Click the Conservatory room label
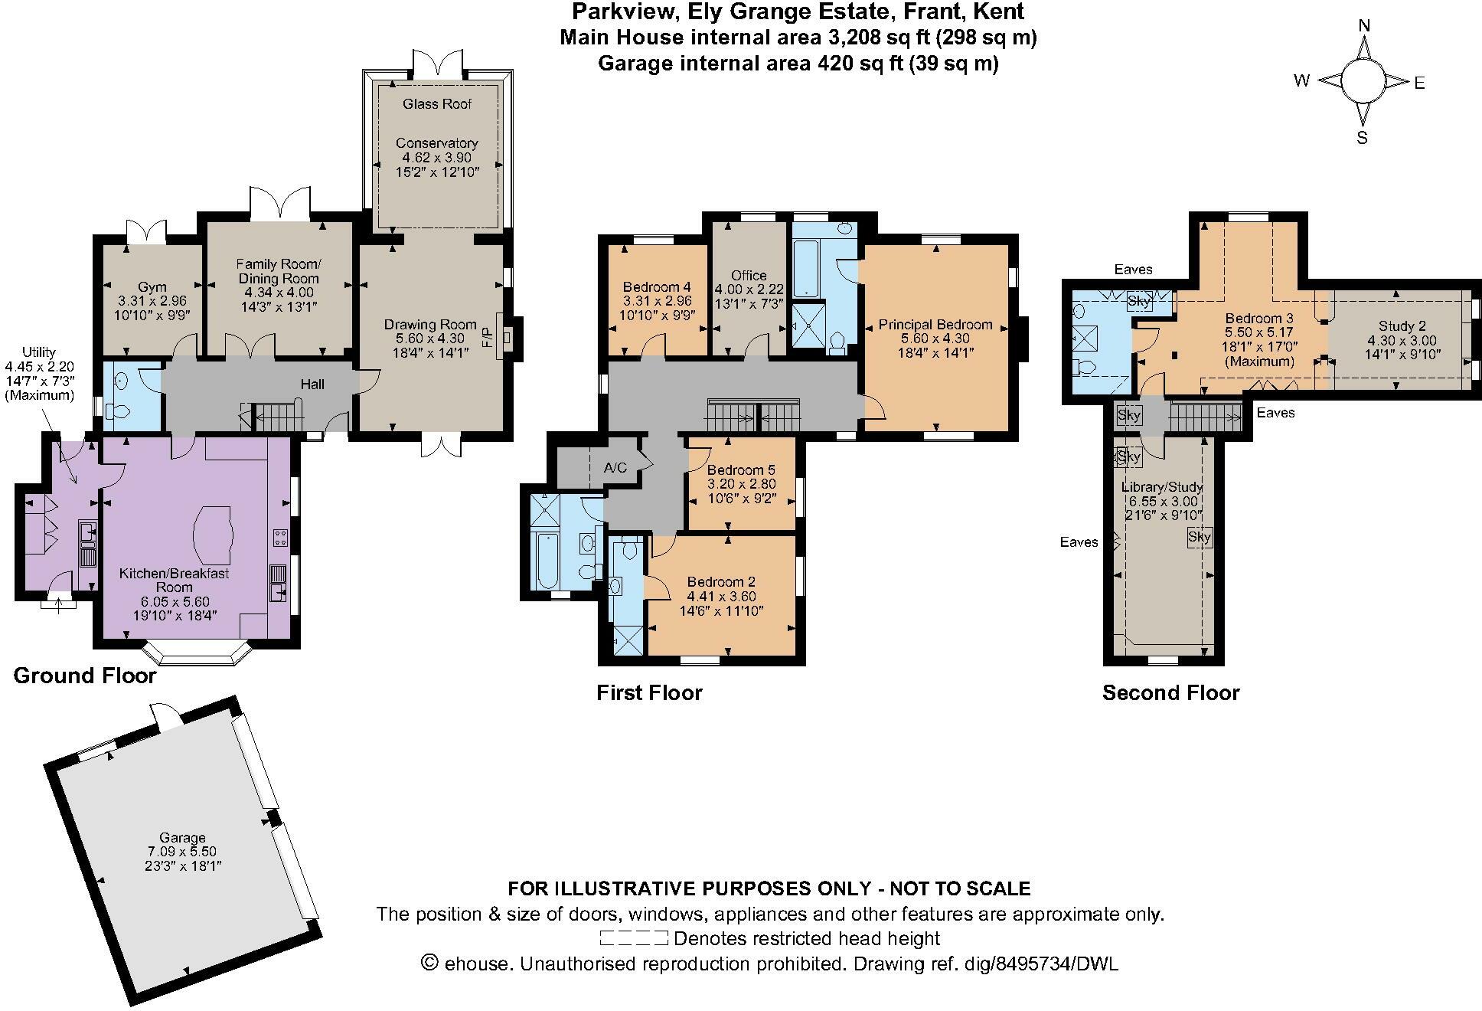tap(436, 143)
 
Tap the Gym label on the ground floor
tap(152, 287)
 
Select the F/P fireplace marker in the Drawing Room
tap(487, 338)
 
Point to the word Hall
tap(312, 384)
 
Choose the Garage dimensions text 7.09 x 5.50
tap(182, 852)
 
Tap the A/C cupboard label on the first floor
tap(615, 467)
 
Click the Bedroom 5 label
tap(735, 470)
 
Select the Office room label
tap(748, 276)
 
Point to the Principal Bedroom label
tap(935, 325)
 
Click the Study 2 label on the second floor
tap(1402, 326)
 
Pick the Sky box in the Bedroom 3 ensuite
tap(1139, 301)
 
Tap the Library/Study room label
tap(1161, 487)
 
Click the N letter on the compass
tap(1363, 26)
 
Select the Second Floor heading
tap(1170, 693)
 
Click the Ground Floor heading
tap(85, 676)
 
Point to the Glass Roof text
tap(436, 104)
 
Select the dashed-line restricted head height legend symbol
tap(634, 938)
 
